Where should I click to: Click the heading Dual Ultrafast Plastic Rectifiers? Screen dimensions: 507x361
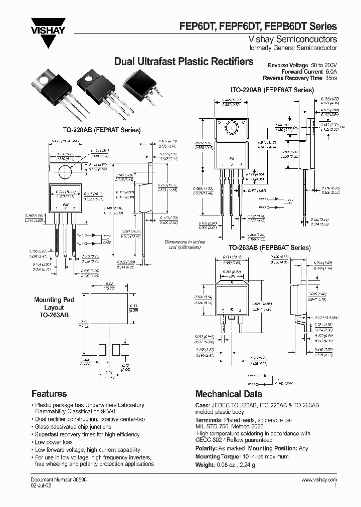[x=184, y=62]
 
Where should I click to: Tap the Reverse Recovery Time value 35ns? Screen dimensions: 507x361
[x=330, y=78]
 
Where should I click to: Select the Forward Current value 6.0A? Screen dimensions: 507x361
[x=329, y=72]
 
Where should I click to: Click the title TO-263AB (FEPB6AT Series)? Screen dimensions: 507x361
[x=270, y=248]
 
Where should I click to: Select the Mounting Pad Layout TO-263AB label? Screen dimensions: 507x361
[x=54, y=307]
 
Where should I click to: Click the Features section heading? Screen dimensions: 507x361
[x=49, y=393]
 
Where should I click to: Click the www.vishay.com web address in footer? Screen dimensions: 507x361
[x=319, y=480]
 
